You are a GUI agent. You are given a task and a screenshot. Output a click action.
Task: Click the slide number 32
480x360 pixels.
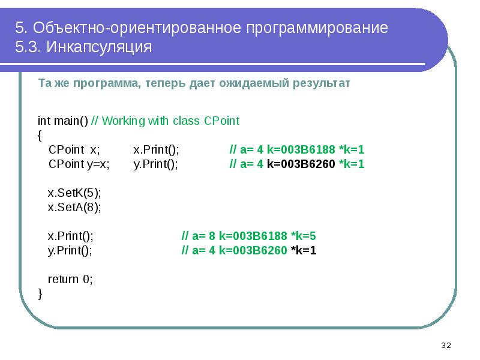click(x=446, y=346)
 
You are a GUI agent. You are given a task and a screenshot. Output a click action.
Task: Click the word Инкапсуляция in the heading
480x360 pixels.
click(x=95, y=47)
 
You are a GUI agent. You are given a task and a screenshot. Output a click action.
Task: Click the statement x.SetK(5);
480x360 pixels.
click(x=74, y=193)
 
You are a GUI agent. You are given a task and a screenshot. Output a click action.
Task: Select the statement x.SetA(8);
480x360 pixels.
click(x=74, y=207)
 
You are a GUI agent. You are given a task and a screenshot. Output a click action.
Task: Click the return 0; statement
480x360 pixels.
click(x=71, y=279)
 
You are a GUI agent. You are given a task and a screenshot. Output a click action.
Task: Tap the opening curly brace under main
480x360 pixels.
click(x=40, y=136)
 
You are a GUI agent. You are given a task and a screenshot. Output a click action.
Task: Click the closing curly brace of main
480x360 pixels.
click(x=40, y=293)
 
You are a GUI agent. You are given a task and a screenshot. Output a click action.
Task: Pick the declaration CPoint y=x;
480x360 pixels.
click(x=79, y=164)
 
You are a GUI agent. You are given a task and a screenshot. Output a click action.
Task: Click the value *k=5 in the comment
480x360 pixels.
click(x=303, y=236)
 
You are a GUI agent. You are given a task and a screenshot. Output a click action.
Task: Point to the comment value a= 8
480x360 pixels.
click(x=204, y=236)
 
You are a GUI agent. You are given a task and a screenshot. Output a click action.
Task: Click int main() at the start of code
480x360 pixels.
click(x=63, y=121)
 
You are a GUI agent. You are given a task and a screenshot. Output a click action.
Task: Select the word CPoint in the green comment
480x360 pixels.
click(x=222, y=121)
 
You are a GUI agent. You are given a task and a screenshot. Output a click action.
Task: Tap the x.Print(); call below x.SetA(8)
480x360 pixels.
click(x=71, y=236)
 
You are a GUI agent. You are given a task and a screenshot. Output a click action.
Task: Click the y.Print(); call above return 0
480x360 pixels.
click(x=70, y=251)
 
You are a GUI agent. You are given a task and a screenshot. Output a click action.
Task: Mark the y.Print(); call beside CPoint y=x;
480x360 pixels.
click(x=156, y=164)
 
